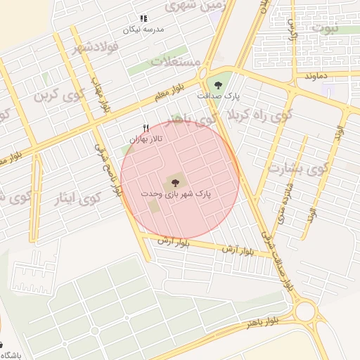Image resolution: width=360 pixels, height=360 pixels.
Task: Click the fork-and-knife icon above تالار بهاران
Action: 146,127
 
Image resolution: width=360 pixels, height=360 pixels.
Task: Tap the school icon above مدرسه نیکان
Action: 143,18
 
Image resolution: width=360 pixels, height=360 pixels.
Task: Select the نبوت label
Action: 326,29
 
